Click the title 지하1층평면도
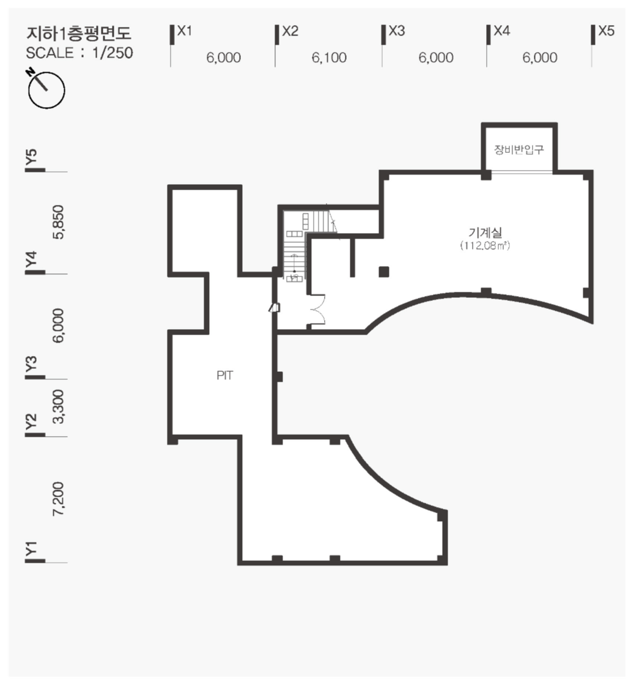pyautogui.click(x=79, y=33)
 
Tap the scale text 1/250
pyautogui.click(x=113, y=53)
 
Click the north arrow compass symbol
pyautogui.click(x=46, y=89)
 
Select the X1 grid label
pyautogui.click(x=185, y=31)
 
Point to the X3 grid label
pyautogui.click(x=397, y=31)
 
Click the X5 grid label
pyautogui.click(x=606, y=31)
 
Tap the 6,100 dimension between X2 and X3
pyautogui.click(x=329, y=57)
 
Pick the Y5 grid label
pyautogui.click(x=31, y=157)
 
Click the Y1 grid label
pyautogui.click(x=31, y=549)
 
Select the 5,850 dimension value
pyautogui.click(x=58, y=222)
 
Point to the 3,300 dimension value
pyautogui.click(x=58, y=406)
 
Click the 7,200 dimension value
pyautogui.click(x=58, y=499)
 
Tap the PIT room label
pyautogui.click(x=225, y=376)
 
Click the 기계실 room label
pyautogui.click(x=485, y=232)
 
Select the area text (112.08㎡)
pyautogui.click(x=485, y=245)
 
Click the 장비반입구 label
pyautogui.click(x=519, y=150)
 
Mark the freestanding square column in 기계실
pyautogui.click(x=383, y=272)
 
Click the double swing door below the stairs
pyautogui.click(x=317, y=309)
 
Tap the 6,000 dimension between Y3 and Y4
pyautogui.click(x=58, y=326)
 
